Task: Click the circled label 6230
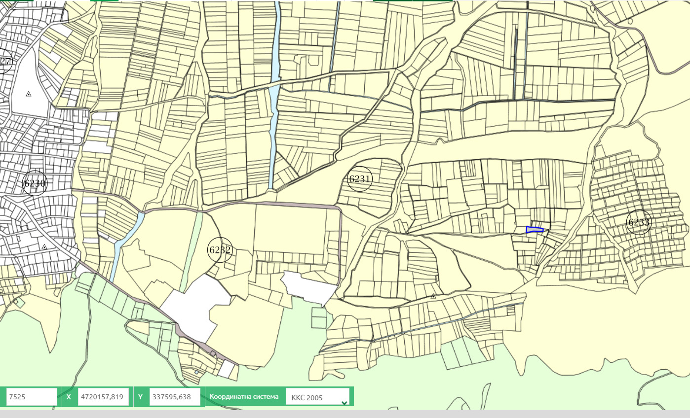point(35,184)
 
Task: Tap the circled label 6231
point(360,178)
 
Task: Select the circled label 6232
point(220,250)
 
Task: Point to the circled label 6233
point(639,222)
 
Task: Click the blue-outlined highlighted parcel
point(534,230)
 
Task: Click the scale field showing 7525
point(32,397)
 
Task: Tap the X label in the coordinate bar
point(69,397)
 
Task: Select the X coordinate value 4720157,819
point(103,397)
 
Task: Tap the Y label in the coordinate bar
point(140,397)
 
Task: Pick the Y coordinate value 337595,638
point(175,397)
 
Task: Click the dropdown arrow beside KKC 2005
point(344,402)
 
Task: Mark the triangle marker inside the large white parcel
point(29,94)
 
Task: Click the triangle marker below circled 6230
point(44,247)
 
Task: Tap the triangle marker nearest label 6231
point(433,296)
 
